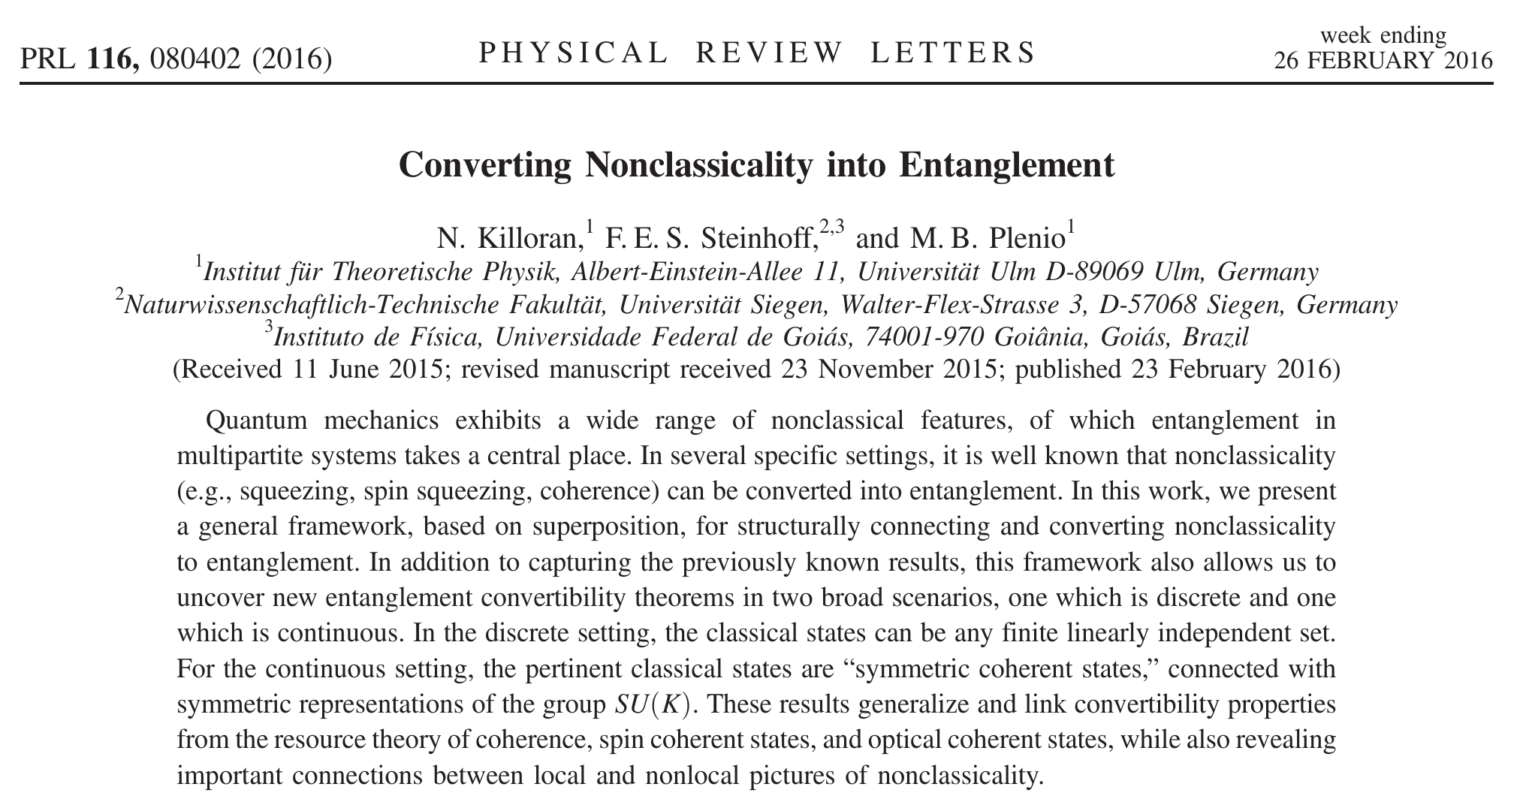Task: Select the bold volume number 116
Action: (113, 59)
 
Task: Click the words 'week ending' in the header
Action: (1383, 35)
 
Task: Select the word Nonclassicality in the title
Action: (698, 164)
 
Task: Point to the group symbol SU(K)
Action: (652, 705)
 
